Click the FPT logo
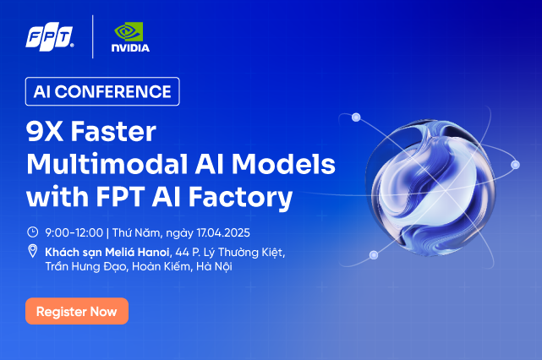coord(50,36)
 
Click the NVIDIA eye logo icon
coord(129,32)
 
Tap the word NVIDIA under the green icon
coord(130,47)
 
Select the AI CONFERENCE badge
coord(102,91)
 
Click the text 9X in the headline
coord(45,131)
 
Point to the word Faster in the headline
coord(113,131)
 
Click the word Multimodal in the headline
coord(107,163)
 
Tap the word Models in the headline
coord(283,163)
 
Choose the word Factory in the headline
coord(241,197)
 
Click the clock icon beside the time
coord(32,232)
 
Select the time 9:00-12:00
coord(74,232)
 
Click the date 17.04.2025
coord(223,232)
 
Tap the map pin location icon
coord(32,251)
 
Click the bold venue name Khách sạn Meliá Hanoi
coord(107,252)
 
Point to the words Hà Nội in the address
coord(214,266)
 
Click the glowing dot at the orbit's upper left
coord(356,117)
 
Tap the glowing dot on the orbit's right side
coord(516,165)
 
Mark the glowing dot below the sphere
coord(374,255)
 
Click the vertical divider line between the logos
coord(93,36)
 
